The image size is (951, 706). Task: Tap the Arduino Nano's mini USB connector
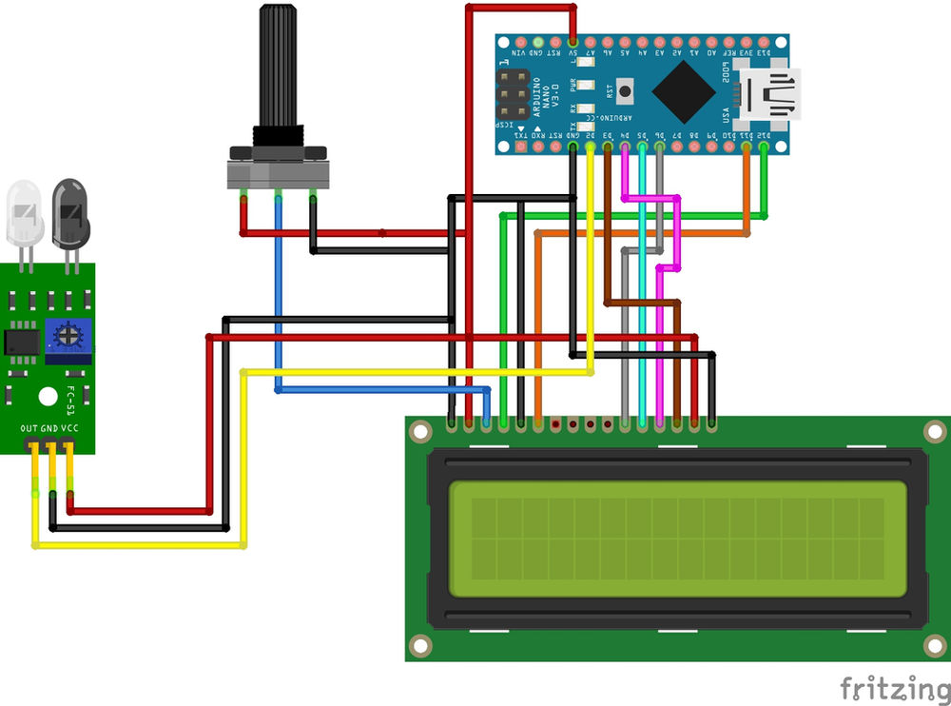pyautogui.click(x=772, y=95)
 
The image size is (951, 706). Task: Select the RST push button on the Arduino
pyautogui.click(x=626, y=93)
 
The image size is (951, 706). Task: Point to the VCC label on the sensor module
pyautogui.click(x=69, y=429)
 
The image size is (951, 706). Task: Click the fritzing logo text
pyautogui.click(x=894, y=687)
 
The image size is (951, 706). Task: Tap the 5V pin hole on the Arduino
pyautogui.click(x=573, y=43)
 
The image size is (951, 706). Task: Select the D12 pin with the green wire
pyautogui.click(x=764, y=147)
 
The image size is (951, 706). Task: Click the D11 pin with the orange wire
pyautogui.click(x=747, y=147)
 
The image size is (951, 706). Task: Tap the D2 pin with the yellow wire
pyautogui.click(x=591, y=147)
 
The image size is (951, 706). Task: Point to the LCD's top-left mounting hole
pyautogui.click(x=419, y=430)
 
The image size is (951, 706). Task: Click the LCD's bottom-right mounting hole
pyautogui.click(x=935, y=646)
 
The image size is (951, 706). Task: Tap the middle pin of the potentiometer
pyautogui.click(x=279, y=196)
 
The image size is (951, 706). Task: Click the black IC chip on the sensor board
pyautogui.click(x=21, y=341)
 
